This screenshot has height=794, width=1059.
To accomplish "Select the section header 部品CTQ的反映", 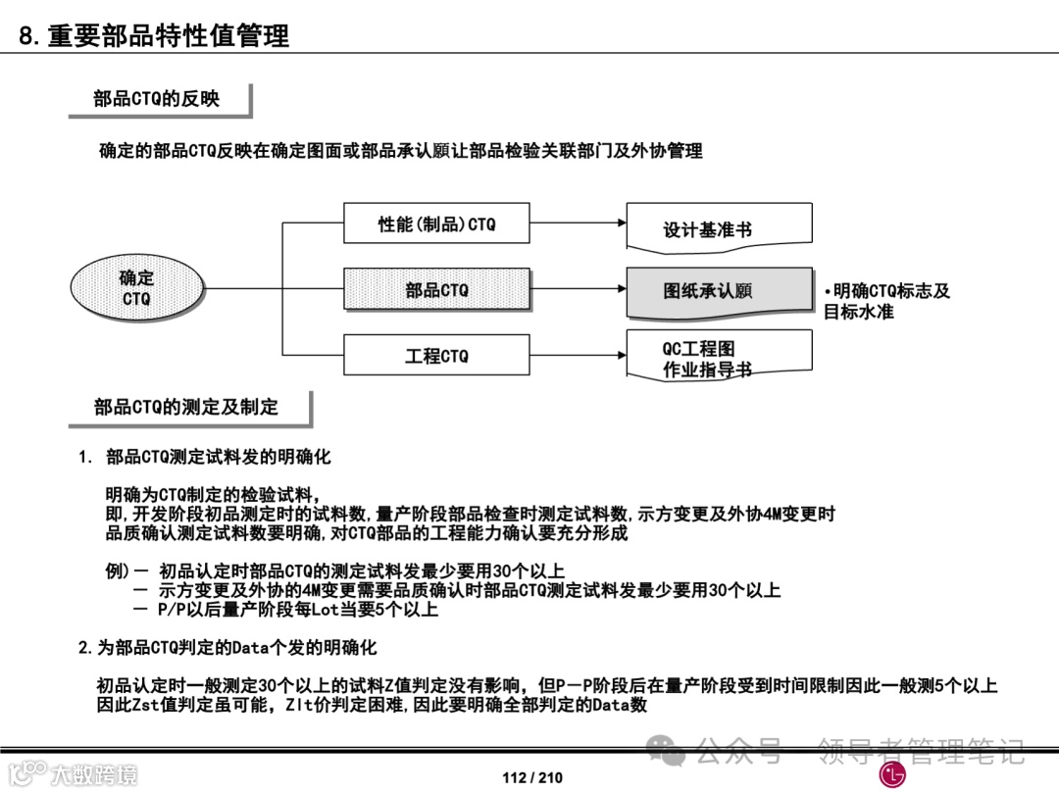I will [x=157, y=98].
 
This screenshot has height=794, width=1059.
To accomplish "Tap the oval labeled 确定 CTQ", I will [x=137, y=289].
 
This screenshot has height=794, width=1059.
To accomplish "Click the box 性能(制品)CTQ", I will [x=436, y=224].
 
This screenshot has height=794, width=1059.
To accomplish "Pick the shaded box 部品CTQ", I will [x=436, y=290].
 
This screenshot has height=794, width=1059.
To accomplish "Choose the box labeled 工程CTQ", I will [x=436, y=356].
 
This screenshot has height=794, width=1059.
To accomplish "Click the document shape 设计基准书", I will [x=719, y=226].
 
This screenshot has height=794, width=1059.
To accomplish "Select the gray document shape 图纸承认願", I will [x=719, y=291].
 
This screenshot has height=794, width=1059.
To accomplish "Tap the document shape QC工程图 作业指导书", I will [x=719, y=358].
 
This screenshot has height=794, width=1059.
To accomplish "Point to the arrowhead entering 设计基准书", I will [x=621, y=223].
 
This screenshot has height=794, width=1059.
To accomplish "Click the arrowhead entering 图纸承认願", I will [x=621, y=289].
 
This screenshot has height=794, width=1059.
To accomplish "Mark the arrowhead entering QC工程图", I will [x=621, y=355].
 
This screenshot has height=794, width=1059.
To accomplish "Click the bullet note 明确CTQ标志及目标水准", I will [x=886, y=301].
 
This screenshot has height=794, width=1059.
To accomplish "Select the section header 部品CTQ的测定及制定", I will [x=186, y=407].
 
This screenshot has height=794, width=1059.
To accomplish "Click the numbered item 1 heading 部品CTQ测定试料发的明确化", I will [x=217, y=457].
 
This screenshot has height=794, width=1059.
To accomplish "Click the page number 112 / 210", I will [x=532, y=778].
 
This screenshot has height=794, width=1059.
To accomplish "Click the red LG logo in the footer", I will [x=892, y=775].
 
